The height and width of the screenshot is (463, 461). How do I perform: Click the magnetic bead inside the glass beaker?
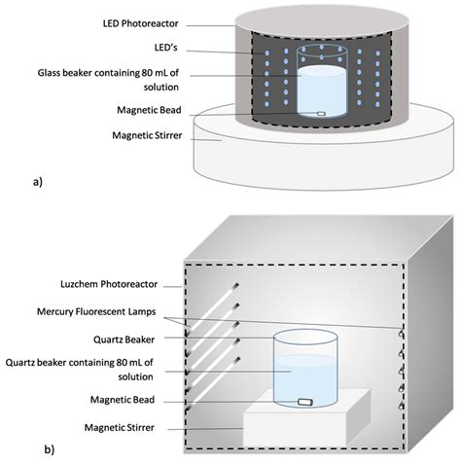pyautogui.click(x=320, y=115)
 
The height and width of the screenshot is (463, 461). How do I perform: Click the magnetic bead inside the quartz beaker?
pyautogui.click(x=305, y=400)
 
